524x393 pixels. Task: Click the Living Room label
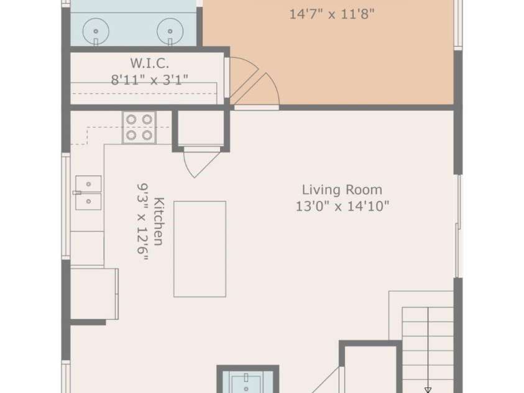(x=342, y=190)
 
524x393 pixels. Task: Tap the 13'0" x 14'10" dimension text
(x=342, y=206)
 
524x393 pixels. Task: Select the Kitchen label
(x=159, y=221)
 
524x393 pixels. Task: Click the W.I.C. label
(x=149, y=63)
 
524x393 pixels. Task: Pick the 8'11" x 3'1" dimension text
(x=149, y=80)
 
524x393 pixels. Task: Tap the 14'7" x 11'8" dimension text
(x=331, y=14)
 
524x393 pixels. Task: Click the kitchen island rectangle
(x=200, y=249)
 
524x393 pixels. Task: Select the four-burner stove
(x=139, y=127)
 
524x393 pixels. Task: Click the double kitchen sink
(x=88, y=193)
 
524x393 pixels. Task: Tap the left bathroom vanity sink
(x=96, y=31)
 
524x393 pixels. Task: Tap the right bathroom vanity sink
(x=170, y=31)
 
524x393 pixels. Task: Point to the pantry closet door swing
(x=201, y=163)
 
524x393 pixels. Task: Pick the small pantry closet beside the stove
(x=201, y=129)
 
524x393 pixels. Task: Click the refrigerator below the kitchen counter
(x=94, y=294)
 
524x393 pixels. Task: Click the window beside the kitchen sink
(x=66, y=206)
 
